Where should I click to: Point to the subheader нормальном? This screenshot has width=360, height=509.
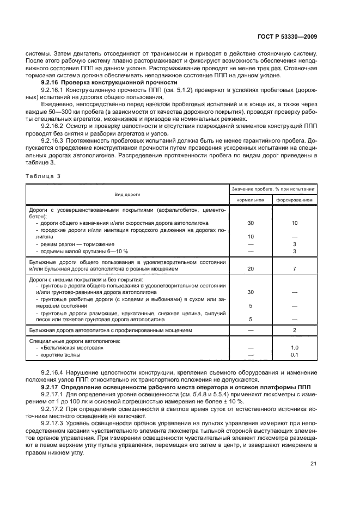click(x=250, y=199)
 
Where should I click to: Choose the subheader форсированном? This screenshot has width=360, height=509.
click(x=294, y=199)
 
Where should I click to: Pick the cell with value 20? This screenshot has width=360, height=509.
click(x=251, y=269)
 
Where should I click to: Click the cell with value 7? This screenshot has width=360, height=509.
click(x=294, y=269)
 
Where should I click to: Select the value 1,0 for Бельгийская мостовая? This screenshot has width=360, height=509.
click(x=294, y=347)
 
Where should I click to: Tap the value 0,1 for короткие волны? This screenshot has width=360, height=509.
click(x=294, y=355)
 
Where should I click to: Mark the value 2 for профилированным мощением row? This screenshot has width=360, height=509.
click(x=294, y=330)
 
